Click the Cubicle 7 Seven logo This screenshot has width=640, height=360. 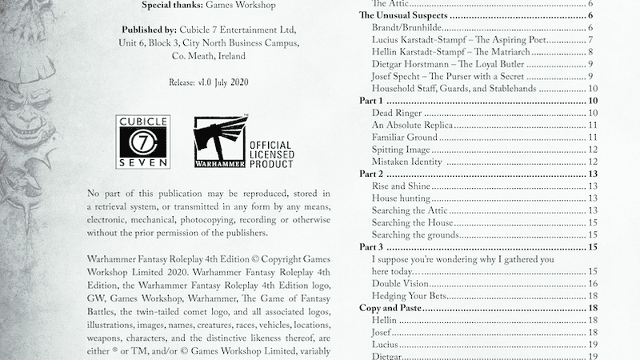[143, 142]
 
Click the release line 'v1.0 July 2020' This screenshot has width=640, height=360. [218, 82]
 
